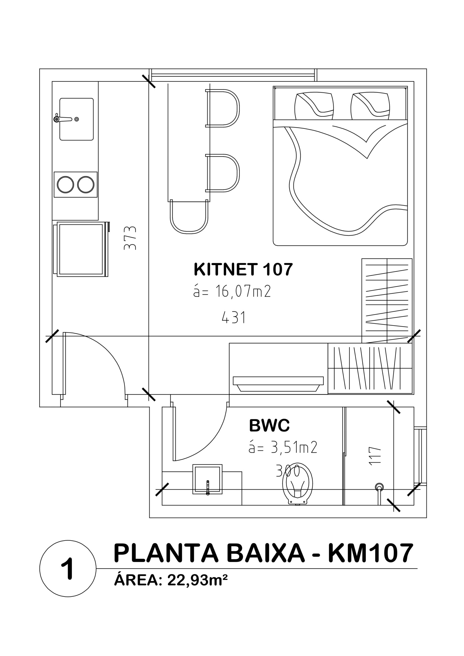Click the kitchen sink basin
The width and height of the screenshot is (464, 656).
coord(76,119)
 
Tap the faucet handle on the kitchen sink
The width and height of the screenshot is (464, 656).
coord(62,119)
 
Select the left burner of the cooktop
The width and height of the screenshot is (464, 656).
coord(65,184)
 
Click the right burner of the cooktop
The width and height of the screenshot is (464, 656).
coord(86,184)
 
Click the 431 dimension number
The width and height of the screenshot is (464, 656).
coord(234,317)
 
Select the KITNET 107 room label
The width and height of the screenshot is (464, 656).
coord(243,269)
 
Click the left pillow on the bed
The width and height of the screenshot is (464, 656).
coord(314,105)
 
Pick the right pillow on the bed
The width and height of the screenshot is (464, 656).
coord(370,105)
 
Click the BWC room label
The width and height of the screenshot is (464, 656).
coord(269,425)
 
